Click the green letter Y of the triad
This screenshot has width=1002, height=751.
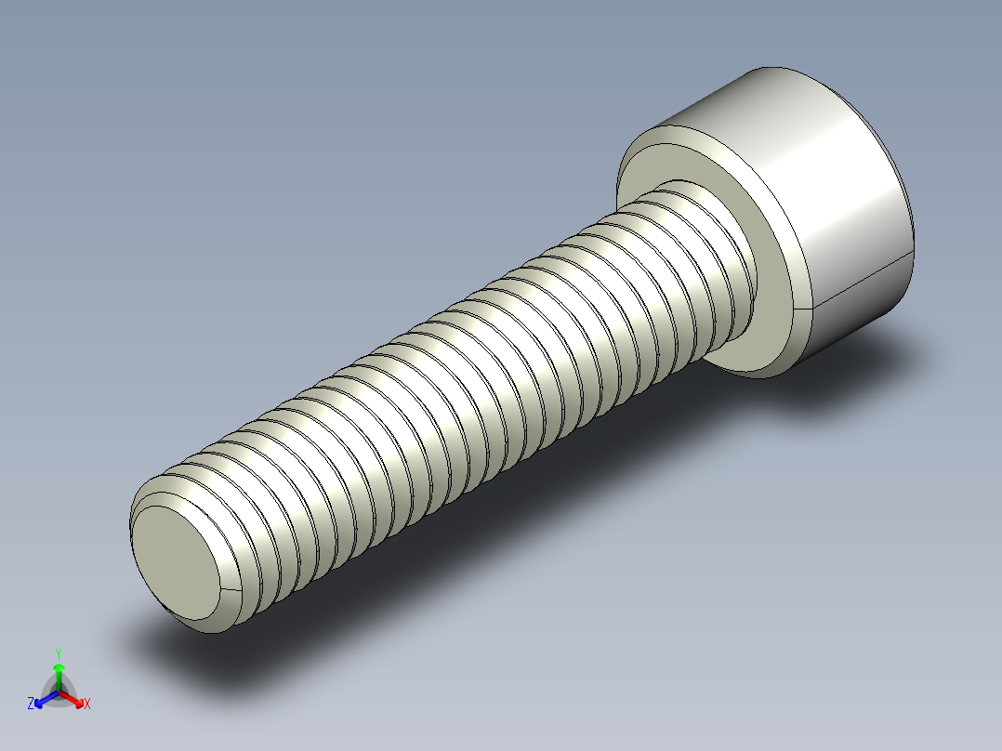click(x=59, y=652)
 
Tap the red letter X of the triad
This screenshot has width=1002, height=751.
click(x=87, y=704)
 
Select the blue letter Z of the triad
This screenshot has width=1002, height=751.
click(x=31, y=704)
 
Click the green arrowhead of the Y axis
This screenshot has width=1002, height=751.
click(x=59, y=668)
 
